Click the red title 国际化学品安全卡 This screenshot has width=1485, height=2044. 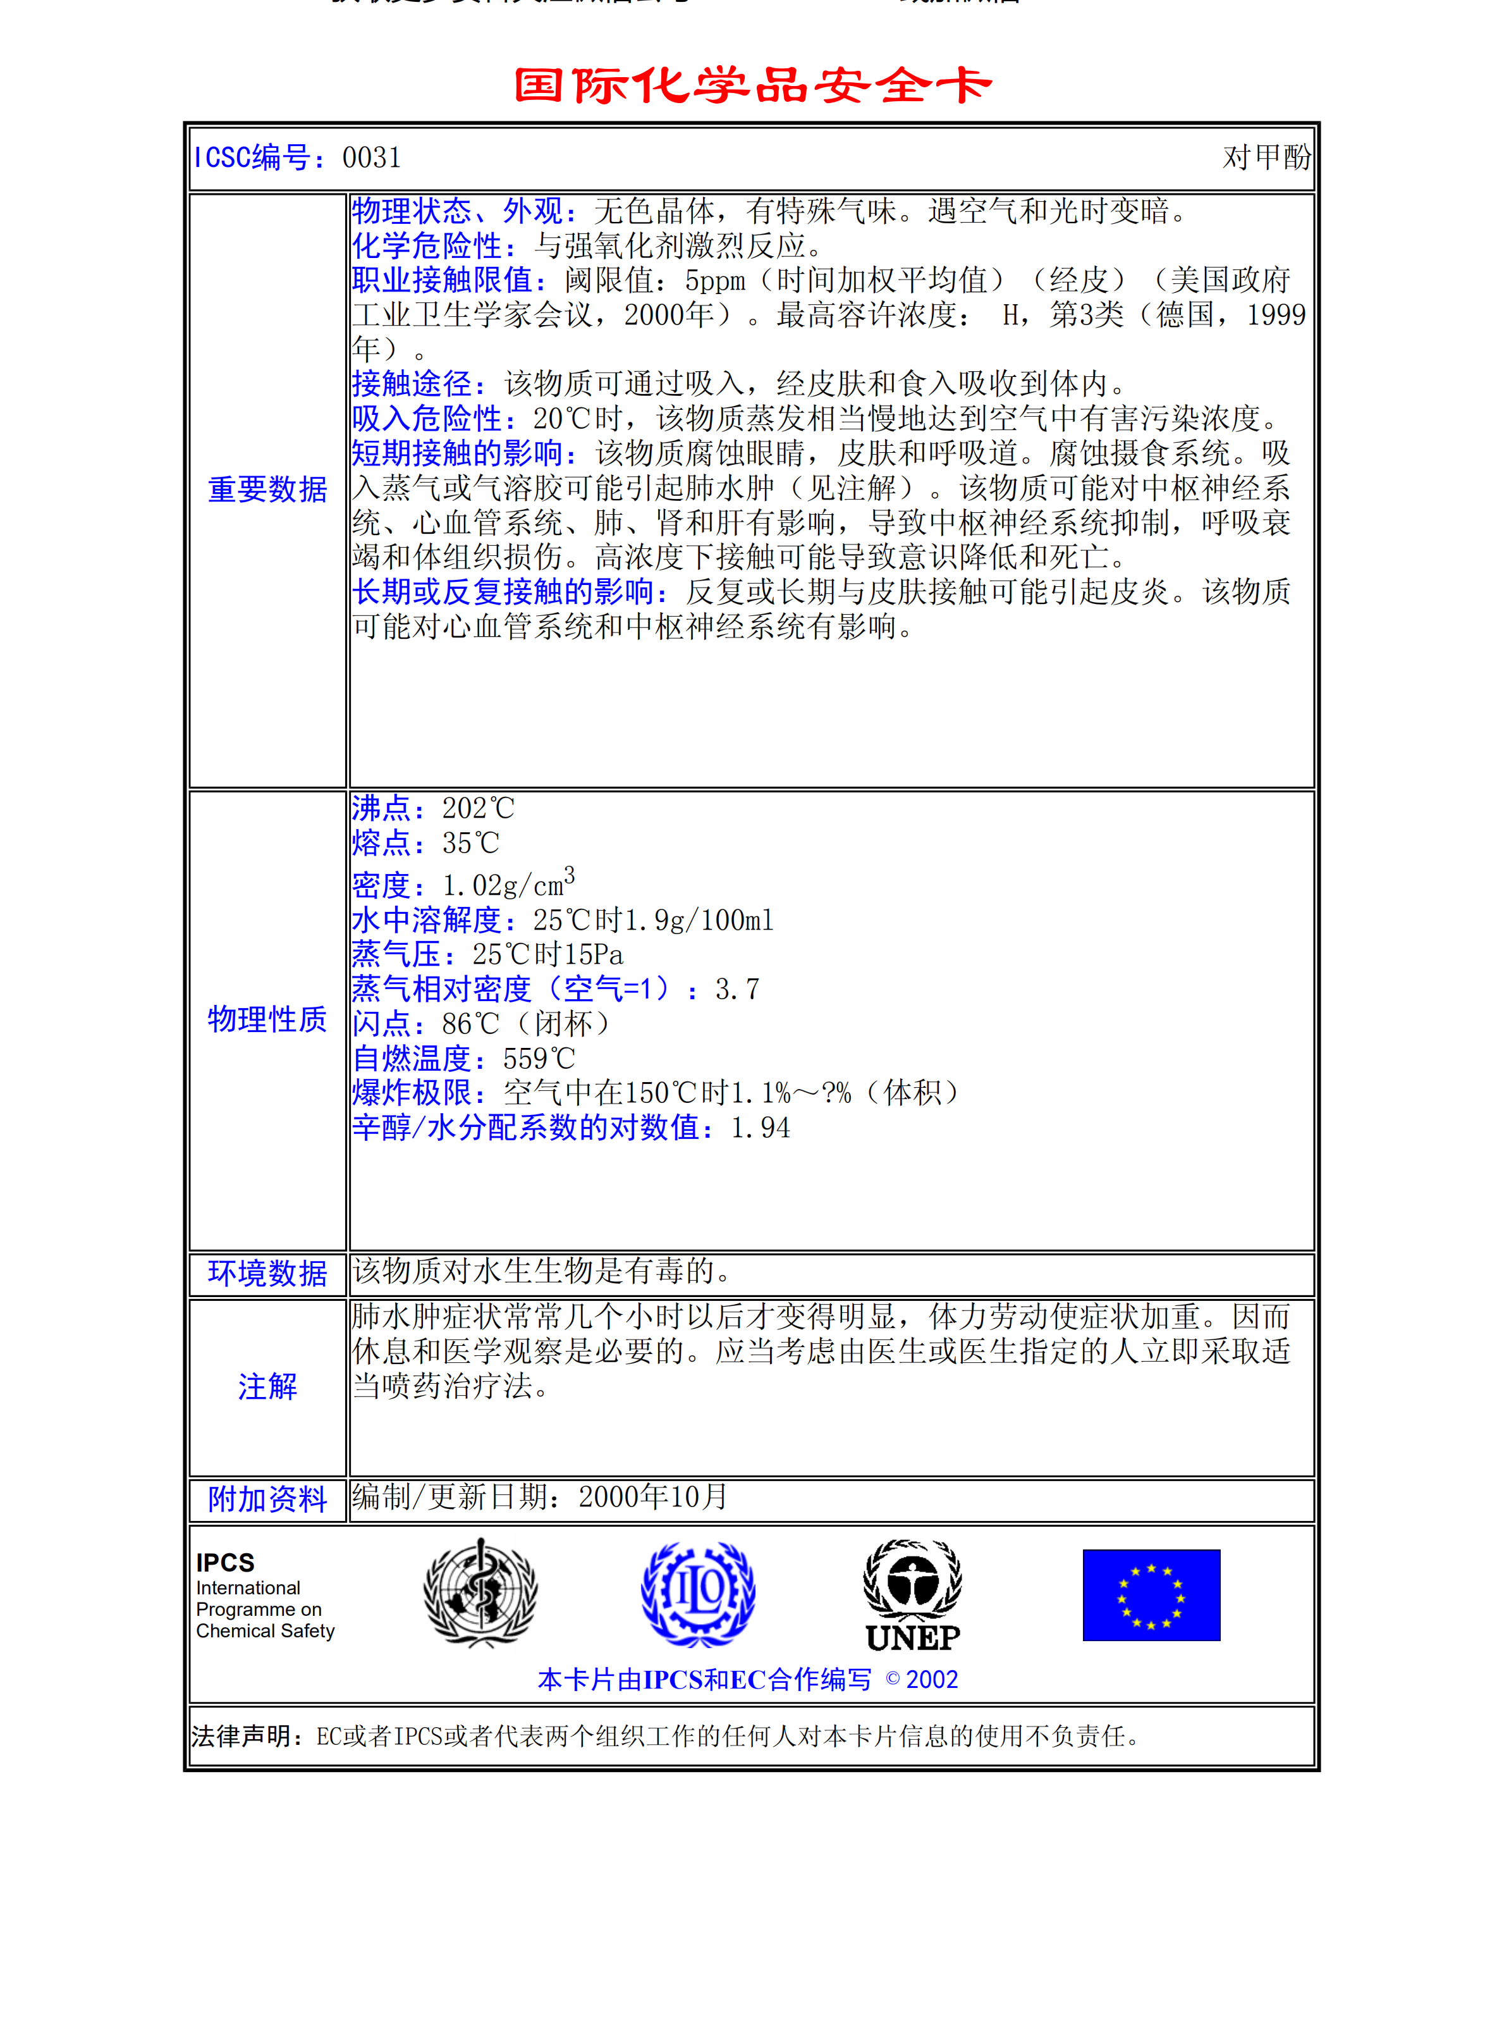click(752, 85)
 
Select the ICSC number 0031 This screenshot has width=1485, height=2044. click(371, 157)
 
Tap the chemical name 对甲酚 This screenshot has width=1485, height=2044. click(1266, 157)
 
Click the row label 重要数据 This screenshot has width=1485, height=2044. click(267, 489)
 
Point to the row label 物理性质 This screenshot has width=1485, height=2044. click(267, 1019)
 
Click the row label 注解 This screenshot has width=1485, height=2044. click(267, 1386)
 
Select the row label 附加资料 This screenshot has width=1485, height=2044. click(267, 1499)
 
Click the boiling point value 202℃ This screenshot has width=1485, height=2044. click(477, 808)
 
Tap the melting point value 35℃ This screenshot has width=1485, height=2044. click(470, 844)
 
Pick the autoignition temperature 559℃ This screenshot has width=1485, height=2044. click(538, 1059)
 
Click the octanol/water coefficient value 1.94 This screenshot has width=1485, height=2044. click(761, 1128)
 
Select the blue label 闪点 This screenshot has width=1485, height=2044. click(381, 1024)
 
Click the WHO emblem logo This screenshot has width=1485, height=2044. click(480, 1593)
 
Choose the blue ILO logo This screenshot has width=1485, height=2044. click(699, 1593)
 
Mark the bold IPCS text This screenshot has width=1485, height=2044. click(225, 1563)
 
